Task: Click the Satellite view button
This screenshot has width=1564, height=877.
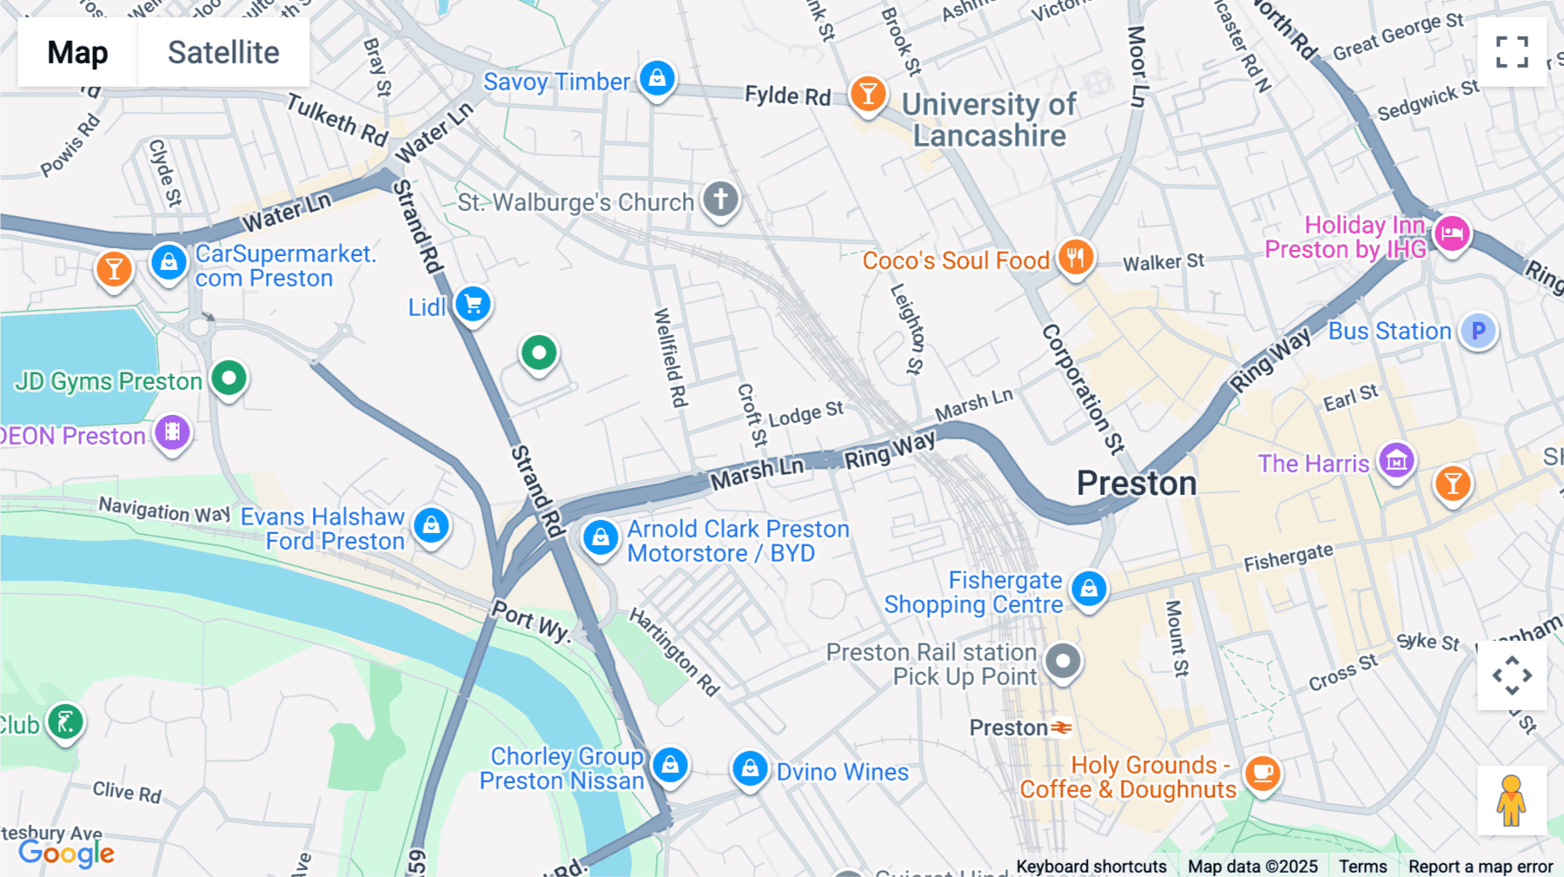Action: [x=223, y=52]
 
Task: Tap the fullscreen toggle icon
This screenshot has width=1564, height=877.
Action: [x=1512, y=52]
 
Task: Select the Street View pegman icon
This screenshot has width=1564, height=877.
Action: [x=1511, y=801]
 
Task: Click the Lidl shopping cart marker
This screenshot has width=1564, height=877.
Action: [x=474, y=305]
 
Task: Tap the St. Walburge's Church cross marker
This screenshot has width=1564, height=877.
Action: [x=720, y=199]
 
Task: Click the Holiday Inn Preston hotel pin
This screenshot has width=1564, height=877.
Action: [x=1451, y=233]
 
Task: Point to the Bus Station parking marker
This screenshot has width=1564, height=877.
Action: [x=1478, y=331]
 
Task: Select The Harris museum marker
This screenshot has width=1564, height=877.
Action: [x=1396, y=460]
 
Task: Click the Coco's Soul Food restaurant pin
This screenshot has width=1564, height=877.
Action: [x=1076, y=257]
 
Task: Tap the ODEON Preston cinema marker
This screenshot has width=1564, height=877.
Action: [x=172, y=432]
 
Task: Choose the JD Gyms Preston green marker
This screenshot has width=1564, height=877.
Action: [x=229, y=379]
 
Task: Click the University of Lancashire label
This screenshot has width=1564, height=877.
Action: [x=989, y=120]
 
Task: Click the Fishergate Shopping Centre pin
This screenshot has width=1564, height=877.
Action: [x=1088, y=589]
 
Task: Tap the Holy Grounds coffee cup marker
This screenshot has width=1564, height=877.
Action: [x=1262, y=772]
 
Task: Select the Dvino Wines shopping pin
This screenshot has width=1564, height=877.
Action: [x=749, y=768]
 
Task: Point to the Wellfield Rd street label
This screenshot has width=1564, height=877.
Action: [x=670, y=358]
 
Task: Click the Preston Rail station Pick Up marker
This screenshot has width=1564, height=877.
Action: [x=1062, y=662]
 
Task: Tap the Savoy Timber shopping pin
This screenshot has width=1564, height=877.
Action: [x=657, y=78]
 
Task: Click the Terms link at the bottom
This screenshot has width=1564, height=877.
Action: [x=1362, y=866]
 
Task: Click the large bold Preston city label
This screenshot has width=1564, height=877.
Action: [x=1137, y=483]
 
